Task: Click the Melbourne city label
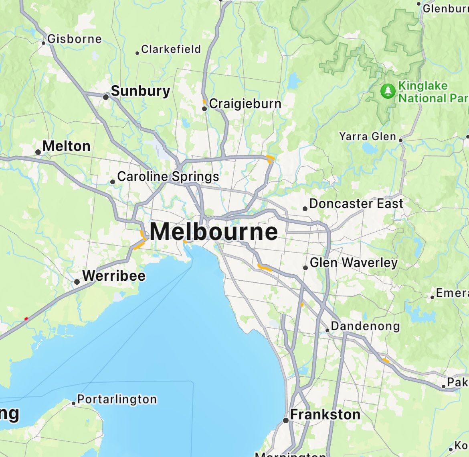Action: click(x=214, y=232)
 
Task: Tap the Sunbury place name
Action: click(x=140, y=91)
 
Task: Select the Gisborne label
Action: click(x=75, y=39)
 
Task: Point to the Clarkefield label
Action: click(x=171, y=49)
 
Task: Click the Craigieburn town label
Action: click(x=245, y=104)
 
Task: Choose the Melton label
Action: click(x=67, y=146)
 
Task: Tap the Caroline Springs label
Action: click(x=168, y=176)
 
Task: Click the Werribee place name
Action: click(x=114, y=276)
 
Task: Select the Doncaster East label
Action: click(x=356, y=204)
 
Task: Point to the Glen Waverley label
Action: click(x=354, y=263)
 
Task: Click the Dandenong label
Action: click(x=365, y=326)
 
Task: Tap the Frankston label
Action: click(x=325, y=414)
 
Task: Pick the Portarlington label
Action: click(x=117, y=399)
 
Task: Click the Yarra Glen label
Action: click(x=368, y=137)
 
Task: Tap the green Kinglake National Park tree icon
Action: click(x=387, y=91)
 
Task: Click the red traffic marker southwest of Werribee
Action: click(x=26, y=318)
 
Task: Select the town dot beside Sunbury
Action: click(x=106, y=97)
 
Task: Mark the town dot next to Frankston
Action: click(x=285, y=420)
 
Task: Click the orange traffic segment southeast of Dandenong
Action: click(x=386, y=361)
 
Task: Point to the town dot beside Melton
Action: click(x=38, y=152)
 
